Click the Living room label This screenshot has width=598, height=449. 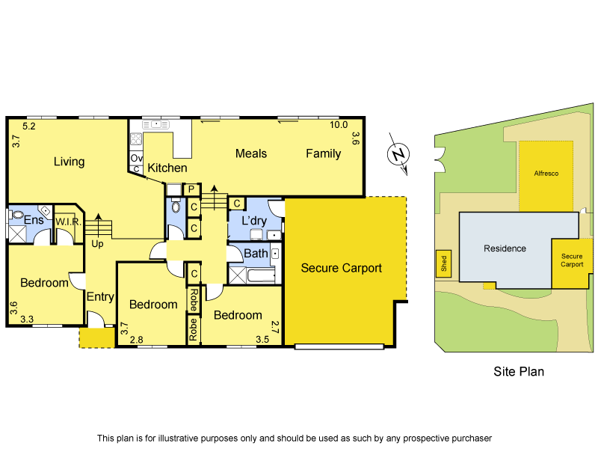[x=69, y=162]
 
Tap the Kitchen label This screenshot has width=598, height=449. [x=167, y=168]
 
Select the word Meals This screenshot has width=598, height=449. [x=250, y=153]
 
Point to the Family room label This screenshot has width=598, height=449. [x=323, y=153]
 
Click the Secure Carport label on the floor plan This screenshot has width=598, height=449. [x=341, y=268]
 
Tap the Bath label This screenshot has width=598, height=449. [x=256, y=254]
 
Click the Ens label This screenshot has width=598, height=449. [x=34, y=220]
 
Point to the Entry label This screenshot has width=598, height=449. [x=100, y=297]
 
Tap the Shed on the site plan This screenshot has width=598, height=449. [x=443, y=263]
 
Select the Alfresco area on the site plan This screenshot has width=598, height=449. [x=546, y=173]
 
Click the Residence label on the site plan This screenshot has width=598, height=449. [x=505, y=248]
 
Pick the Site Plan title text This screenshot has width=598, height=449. [x=519, y=370]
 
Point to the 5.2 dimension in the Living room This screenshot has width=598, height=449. [x=29, y=126]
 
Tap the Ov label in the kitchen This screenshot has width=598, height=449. [x=136, y=159]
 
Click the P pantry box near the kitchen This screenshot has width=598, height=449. [x=191, y=189]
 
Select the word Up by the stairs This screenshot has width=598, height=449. [x=98, y=244]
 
